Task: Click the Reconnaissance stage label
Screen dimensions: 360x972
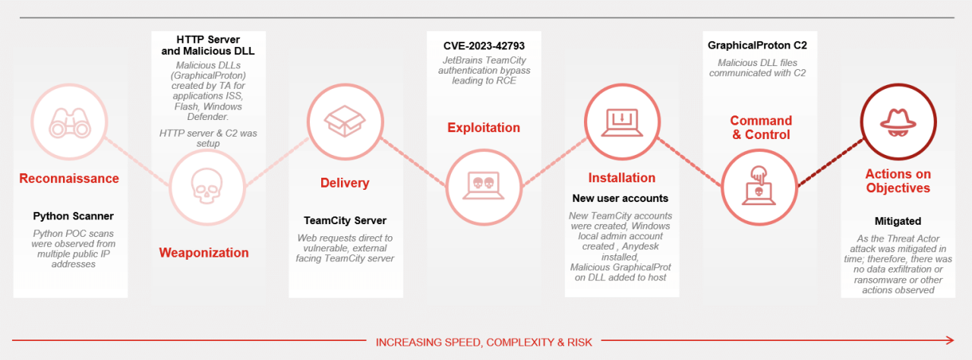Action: [69, 178]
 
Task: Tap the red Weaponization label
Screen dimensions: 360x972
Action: [204, 253]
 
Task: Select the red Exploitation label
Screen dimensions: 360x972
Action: [484, 128]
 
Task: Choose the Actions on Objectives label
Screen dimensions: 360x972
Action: [898, 181]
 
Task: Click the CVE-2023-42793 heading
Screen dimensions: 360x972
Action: [484, 45]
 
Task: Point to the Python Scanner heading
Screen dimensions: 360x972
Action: [73, 216]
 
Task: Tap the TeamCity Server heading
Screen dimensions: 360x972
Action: [345, 221]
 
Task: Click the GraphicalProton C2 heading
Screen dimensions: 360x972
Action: [757, 46]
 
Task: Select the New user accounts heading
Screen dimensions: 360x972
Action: [620, 198]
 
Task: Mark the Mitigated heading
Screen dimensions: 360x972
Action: [898, 221]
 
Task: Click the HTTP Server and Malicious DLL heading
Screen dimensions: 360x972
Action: [207, 45]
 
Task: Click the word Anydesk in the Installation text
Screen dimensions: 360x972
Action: [626, 246]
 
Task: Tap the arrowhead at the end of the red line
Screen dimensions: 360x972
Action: [950, 340]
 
